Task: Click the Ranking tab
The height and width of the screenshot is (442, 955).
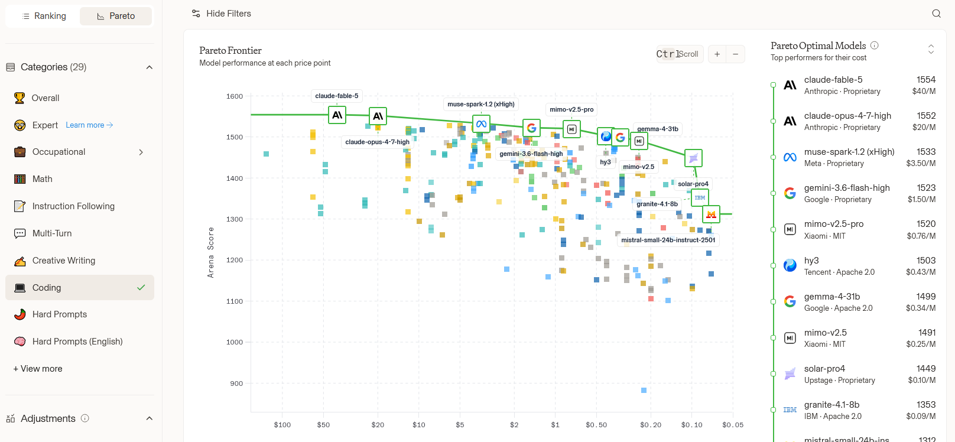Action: point(44,16)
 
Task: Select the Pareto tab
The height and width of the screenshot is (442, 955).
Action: point(116,16)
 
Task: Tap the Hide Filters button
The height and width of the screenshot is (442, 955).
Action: point(221,14)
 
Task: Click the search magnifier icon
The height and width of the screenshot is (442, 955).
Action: point(936,14)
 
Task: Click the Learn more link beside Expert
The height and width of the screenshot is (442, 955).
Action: point(89,125)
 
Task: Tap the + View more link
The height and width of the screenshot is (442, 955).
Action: point(37,369)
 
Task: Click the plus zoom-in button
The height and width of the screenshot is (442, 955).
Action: point(717,54)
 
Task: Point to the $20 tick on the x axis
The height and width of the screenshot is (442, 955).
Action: point(378,425)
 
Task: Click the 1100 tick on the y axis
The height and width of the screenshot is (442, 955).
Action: point(235,301)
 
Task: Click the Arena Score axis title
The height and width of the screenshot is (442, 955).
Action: point(210,253)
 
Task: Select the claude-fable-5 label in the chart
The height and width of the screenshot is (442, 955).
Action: point(337,96)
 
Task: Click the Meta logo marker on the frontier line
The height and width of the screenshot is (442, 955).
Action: point(481,124)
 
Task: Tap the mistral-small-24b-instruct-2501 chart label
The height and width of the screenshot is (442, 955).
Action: point(668,240)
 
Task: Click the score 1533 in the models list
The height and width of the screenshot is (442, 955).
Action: point(926,152)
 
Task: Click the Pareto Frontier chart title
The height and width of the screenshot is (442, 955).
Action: point(230,50)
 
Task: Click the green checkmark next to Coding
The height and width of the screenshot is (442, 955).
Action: point(141,288)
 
